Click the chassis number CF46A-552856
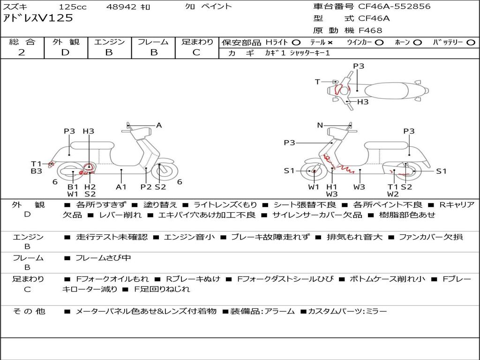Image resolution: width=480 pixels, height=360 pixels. coord(394,7)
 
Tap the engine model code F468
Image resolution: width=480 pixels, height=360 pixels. coord(370,30)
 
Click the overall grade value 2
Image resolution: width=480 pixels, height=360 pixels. coord(22,52)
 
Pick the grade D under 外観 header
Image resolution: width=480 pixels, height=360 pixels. coord(65,52)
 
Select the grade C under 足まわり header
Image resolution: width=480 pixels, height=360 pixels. coord(196,52)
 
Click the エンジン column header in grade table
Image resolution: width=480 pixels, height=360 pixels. coord(109,42)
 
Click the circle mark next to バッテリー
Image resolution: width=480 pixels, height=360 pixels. coord(471,42)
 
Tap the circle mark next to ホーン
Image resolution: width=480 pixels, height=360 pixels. coord(417,42)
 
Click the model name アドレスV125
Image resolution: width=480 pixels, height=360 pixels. coord(38,19)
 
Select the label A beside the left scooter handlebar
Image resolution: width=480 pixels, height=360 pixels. coord(159,125)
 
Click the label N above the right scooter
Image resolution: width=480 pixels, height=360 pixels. coord(320,125)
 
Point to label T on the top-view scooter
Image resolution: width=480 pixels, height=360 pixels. coord(317,82)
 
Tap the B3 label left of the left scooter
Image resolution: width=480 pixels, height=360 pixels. coord(37,172)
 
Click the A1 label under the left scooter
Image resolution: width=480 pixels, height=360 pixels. coord(121,187)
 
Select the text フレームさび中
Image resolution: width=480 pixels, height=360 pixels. coord(103,258)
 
